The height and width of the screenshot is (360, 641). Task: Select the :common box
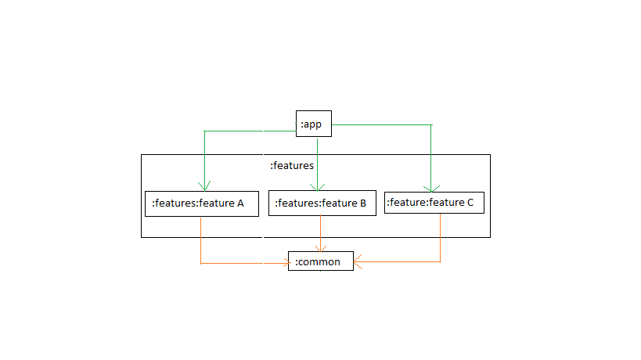click(x=320, y=261)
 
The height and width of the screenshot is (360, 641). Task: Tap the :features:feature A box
click(x=201, y=203)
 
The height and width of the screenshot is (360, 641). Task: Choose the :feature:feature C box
click(x=434, y=203)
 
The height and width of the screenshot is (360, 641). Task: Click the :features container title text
click(x=291, y=166)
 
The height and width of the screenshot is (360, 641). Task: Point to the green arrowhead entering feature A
click(x=203, y=187)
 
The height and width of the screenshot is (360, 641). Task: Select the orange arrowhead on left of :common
click(x=283, y=263)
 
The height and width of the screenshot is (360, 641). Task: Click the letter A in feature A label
click(x=240, y=203)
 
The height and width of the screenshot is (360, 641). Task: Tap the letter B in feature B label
click(x=362, y=203)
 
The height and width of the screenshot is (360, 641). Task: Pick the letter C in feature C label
click(x=470, y=203)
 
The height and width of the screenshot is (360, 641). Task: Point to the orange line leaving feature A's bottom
click(x=201, y=235)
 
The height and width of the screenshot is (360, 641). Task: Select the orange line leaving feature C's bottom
click(x=440, y=235)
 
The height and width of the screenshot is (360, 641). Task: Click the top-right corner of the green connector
click(x=430, y=125)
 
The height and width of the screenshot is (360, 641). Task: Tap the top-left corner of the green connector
click(x=203, y=131)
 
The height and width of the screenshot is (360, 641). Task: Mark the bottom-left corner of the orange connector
click(x=201, y=263)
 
